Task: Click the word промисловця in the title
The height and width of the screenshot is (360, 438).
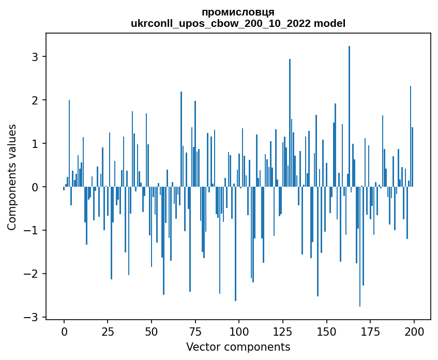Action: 238,12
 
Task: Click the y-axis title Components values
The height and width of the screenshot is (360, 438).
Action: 12,177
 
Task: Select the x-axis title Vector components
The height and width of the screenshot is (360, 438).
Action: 238,347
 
